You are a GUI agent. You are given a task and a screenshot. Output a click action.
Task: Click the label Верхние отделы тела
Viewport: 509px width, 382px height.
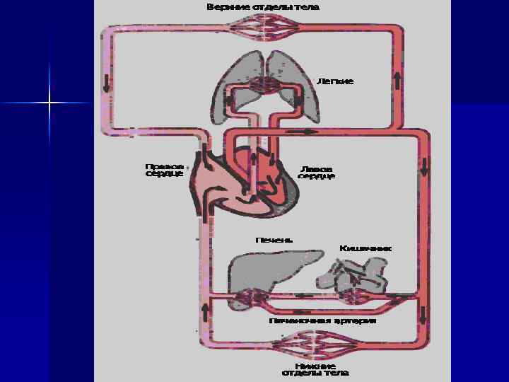[262, 7]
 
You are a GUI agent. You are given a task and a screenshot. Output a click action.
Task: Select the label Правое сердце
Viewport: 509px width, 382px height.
[164, 170]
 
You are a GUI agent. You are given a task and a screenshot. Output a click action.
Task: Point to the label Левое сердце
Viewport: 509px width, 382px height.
[315, 172]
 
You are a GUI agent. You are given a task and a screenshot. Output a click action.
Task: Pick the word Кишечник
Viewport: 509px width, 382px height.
[365, 248]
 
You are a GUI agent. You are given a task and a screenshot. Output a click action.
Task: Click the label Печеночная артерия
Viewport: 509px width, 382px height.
[322, 320]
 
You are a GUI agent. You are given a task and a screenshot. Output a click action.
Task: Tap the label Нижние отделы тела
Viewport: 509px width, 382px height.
[315, 369]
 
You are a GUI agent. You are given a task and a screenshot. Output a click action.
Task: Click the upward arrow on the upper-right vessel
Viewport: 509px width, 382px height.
[398, 79]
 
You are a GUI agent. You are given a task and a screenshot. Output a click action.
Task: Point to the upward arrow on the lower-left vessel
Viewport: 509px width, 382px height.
[205, 310]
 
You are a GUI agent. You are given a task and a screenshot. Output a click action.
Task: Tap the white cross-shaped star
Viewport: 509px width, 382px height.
[49, 103]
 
